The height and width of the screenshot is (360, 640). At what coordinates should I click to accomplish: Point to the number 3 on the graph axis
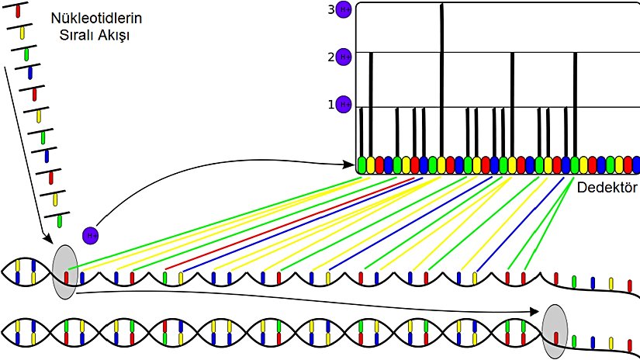[330, 9]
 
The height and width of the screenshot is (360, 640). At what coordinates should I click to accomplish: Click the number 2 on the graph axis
[330, 57]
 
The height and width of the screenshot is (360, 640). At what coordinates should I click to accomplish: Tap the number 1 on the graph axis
[330, 104]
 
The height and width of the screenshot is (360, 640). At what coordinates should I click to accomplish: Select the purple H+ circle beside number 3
[344, 10]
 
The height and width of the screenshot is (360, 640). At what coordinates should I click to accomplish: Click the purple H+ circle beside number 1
[344, 104]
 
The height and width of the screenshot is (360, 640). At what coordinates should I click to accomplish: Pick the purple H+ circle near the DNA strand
[91, 234]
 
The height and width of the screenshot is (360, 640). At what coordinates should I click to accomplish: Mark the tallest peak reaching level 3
[441, 78]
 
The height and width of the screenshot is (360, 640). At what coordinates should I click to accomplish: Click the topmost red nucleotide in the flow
[18, 11]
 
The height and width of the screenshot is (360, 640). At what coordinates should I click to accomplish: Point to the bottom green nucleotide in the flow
[59, 221]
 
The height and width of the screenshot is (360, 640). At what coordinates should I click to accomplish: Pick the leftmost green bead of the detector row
[362, 164]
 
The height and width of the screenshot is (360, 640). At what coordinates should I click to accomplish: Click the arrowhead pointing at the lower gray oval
[536, 312]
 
